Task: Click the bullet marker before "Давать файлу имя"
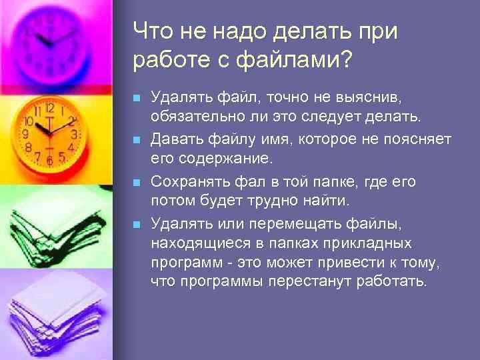pos(137,141)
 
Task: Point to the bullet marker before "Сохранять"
pos(137,182)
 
